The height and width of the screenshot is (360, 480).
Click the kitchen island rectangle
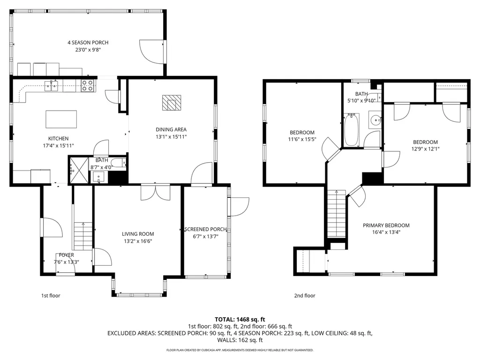click(x=61, y=119)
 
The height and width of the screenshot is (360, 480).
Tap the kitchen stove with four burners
click(x=87, y=86)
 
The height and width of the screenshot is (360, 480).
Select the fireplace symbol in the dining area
click(x=172, y=103)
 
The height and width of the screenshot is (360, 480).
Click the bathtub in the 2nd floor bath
click(x=352, y=130)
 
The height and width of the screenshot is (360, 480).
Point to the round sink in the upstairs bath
click(x=375, y=120)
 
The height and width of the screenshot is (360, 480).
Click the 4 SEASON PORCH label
click(x=88, y=43)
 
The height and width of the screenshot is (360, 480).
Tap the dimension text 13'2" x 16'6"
click(x=138, y=241)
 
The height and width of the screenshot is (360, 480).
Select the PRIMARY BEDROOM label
click(x=386, y=225)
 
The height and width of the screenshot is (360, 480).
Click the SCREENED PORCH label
click(x=206, y=229)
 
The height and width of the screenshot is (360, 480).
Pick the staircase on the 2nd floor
click(x=337, y=214)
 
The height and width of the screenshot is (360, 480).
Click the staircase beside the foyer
click(x=83, y=236)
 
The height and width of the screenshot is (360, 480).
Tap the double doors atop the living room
click(x=155, y=193)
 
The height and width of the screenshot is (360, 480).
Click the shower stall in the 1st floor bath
click(x=79, y=170)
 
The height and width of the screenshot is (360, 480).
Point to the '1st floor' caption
click(x=51, y=296)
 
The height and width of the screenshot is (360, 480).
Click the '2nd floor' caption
click(x=305, y=296)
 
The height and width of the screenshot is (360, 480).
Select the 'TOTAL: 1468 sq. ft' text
click(x=240, y=320)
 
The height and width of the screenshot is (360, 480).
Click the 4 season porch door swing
click(x=152, y=52)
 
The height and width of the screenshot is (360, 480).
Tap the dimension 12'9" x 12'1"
click(x=425, y=149)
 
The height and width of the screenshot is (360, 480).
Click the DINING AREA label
click(x=171, y=129)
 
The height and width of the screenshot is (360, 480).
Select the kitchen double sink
click(x=52, y=86)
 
